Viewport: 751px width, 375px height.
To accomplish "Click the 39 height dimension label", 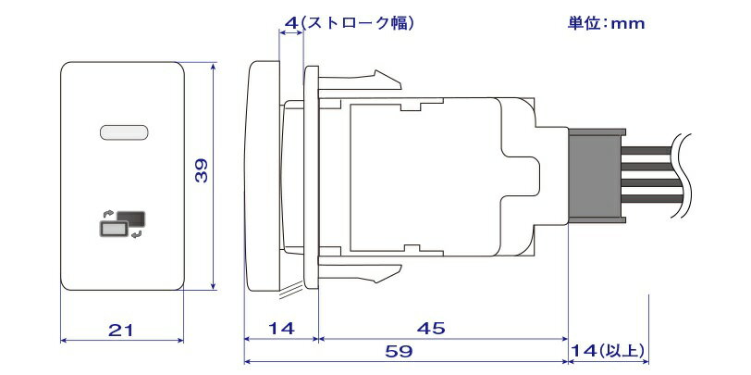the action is [x=202, y=170].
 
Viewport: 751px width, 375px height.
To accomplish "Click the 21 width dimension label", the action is [x=120, y=330].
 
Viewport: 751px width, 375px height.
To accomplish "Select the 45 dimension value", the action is [x=431, y=329].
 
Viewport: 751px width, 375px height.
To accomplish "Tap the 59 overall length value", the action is [x=399, y=352].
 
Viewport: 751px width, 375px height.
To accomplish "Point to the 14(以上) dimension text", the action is [x=609, y=352].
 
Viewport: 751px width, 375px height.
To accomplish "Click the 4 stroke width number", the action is [x=291, y=22].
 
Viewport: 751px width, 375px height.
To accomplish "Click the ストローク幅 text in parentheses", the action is [x=357, y=22].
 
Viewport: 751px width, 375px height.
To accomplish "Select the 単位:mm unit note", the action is [x=606, y=23].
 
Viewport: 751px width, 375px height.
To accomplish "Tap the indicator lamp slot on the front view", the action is [x=124, y=132].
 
